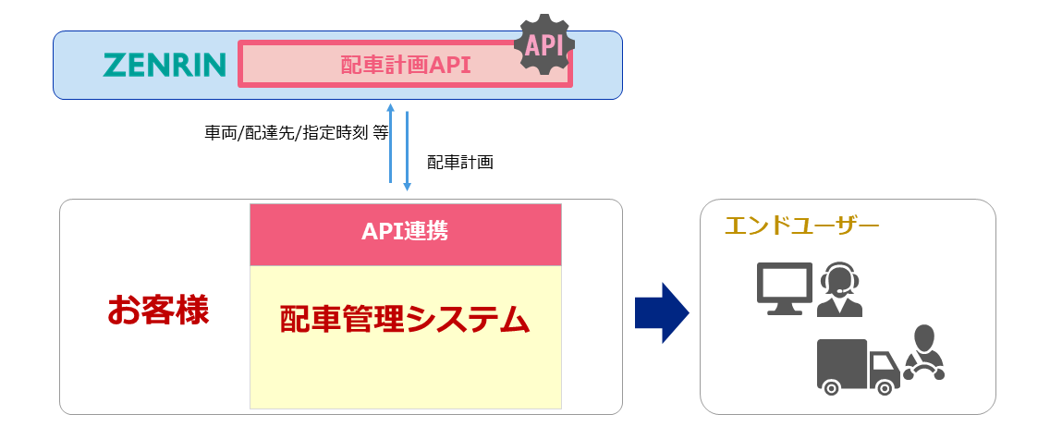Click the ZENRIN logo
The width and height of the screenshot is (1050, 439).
point(165,65)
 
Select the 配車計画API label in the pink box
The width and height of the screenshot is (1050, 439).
point(406,65)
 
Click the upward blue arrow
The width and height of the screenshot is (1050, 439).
point(391,142)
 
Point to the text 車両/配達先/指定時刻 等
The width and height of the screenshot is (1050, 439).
point(296,132)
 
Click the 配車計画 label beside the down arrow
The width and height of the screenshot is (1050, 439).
point(460,163)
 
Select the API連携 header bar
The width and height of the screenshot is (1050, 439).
point(405,232)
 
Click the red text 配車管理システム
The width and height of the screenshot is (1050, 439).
point(405,320)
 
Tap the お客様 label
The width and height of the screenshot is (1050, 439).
point(158,311)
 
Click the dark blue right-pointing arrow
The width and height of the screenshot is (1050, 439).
point(662,312)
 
